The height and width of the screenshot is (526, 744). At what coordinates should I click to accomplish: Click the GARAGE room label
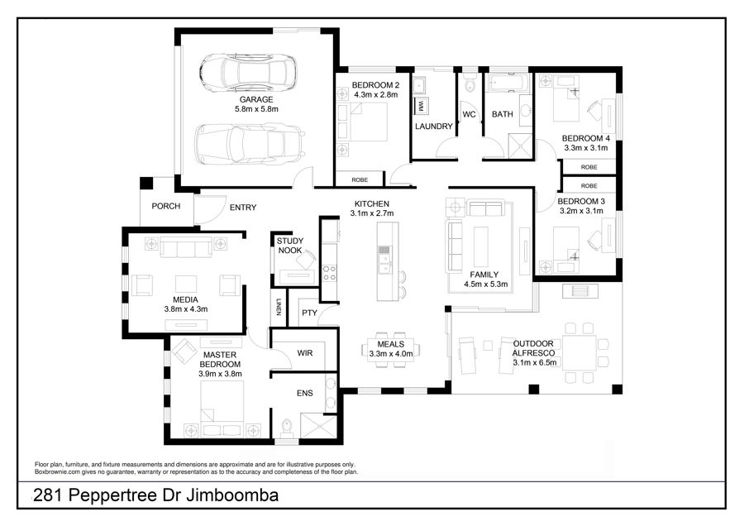pyautogui.click(x=256, y=99)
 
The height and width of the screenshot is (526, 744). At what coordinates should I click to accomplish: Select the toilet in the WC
pyautogui.click(x=470, y=83)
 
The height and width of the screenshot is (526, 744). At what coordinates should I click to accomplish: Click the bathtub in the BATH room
pyautogui.click(x=508, y=82)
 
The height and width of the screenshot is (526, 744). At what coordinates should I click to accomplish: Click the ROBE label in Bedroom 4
pyautogui.click(x=589, y=167)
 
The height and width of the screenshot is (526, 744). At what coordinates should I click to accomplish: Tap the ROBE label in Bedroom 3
pyautogui.click(x=589, y=185)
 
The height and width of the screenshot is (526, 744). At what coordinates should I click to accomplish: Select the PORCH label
pyautogui.click(x=165, y=206)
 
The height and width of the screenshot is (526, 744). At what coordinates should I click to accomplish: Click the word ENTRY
pyautogui.click(x=243, y=208)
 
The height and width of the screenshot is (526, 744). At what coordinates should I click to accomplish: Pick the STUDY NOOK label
pyautogui.click(x=290, y=246)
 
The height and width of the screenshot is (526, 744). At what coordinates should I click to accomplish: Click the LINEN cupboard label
pyautogui.click(x=279, y=306)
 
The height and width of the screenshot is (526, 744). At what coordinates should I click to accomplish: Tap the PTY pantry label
pyautogui.click(x=309, y=313)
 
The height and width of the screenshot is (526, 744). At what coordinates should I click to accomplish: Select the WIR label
pyautogui.click(x=304, y=353)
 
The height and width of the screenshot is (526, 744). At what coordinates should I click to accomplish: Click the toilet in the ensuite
pyautogui.click(x=287, y=428)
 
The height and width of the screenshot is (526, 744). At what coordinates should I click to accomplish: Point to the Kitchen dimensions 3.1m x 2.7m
pyautogui.click(x=372, y=213)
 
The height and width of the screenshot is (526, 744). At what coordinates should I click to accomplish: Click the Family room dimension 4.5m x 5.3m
pyautogui.click(x=486, y=285)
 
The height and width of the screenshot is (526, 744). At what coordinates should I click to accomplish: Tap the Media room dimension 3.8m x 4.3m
pyautogui.click(x=185, y=309)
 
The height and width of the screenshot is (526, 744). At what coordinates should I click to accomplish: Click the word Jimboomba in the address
pyautogui.click(x=232, y=495)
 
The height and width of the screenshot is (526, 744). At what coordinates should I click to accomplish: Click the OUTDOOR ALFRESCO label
pyautogui.click(x=533, y=348)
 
